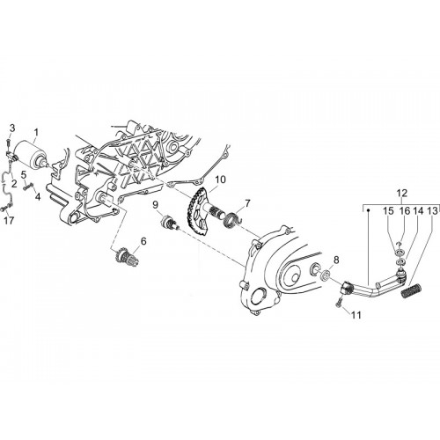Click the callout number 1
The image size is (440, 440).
pos(36,133)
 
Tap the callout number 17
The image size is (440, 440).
pos(9,220)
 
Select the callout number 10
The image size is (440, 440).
pos(221,180)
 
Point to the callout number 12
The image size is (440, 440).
pos(402,194)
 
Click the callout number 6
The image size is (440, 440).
pos(143,241)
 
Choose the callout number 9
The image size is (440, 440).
pos(155,203)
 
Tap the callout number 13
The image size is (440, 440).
pos(432,210)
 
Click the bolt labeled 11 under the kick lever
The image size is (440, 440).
pos(341,303)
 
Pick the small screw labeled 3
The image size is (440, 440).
pos(9,143)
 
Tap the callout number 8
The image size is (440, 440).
pos(336,260)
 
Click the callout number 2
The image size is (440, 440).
pos(13,184)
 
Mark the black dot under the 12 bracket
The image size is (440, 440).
pos(369,210)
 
